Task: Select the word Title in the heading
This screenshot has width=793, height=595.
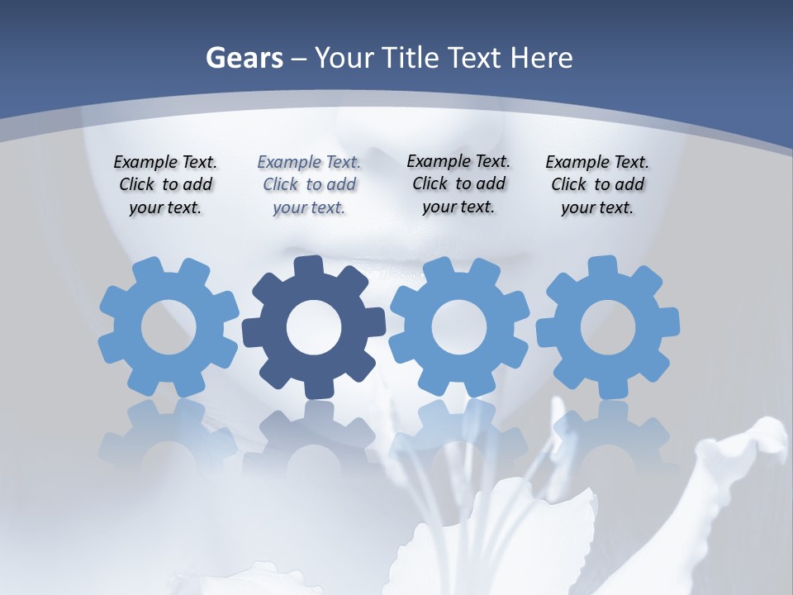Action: (415, 59)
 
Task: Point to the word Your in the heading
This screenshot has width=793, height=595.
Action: (345, 59)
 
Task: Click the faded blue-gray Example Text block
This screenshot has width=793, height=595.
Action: (309, 185)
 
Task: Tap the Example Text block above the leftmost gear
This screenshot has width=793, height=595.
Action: (165, 185)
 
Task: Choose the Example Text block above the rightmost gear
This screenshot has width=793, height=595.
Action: (597, 185)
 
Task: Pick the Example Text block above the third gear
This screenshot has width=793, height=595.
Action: (458, 184)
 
